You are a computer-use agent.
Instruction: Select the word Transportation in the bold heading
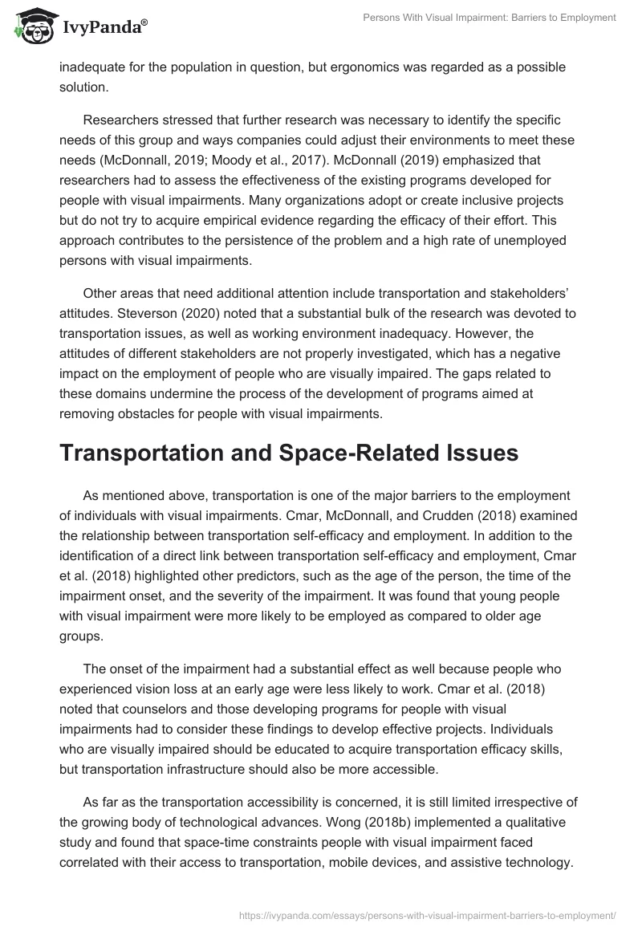(x=150, y=453)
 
